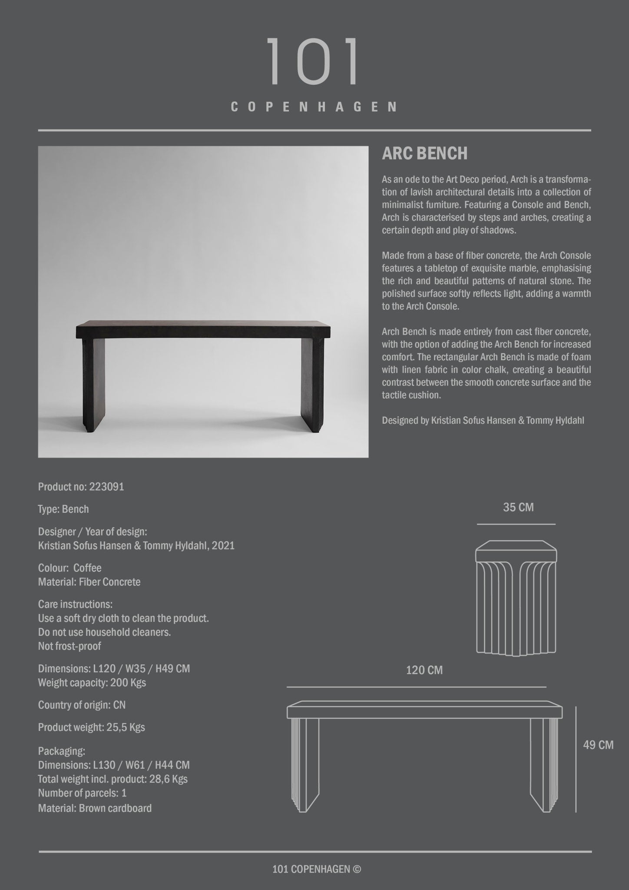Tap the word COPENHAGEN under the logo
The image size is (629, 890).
coord(314,107)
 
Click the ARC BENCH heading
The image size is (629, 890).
coord(424,153)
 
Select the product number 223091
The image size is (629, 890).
coord(106,487)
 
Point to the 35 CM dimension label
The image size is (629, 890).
coord(518,507)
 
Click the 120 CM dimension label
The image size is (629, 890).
coord(424,670)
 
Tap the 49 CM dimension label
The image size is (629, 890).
coord(598,745)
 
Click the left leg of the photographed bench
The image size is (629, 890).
coord(93,382)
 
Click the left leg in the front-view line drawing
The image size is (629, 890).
coord(305,765)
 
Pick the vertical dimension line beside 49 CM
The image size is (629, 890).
coord(576,759)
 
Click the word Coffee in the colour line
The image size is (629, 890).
coord(87,568)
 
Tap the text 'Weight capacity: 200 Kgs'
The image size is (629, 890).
coord(92,682)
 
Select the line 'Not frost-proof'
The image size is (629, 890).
coord(70,646)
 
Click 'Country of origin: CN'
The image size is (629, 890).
coord(82,705)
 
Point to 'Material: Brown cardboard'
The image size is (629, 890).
coord(95,808)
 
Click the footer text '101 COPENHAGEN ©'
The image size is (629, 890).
coord(316,869)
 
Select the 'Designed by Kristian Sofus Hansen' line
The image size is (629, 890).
coord(483,421)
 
